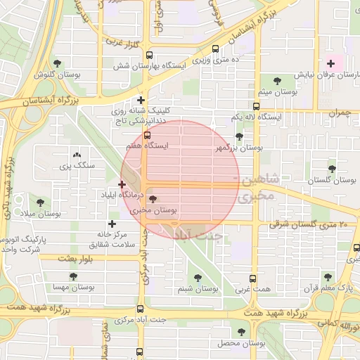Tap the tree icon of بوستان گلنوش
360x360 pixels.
[67, 63]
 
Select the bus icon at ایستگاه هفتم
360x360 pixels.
[147, 135]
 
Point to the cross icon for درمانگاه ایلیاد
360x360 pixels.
[122, 184]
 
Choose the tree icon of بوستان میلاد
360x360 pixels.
[40, 202]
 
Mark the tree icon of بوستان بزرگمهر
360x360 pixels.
[239, 137]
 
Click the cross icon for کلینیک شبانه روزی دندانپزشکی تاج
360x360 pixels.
[141, 101]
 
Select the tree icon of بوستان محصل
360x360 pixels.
[242, 331]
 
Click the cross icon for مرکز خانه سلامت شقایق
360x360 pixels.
[112, 224]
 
